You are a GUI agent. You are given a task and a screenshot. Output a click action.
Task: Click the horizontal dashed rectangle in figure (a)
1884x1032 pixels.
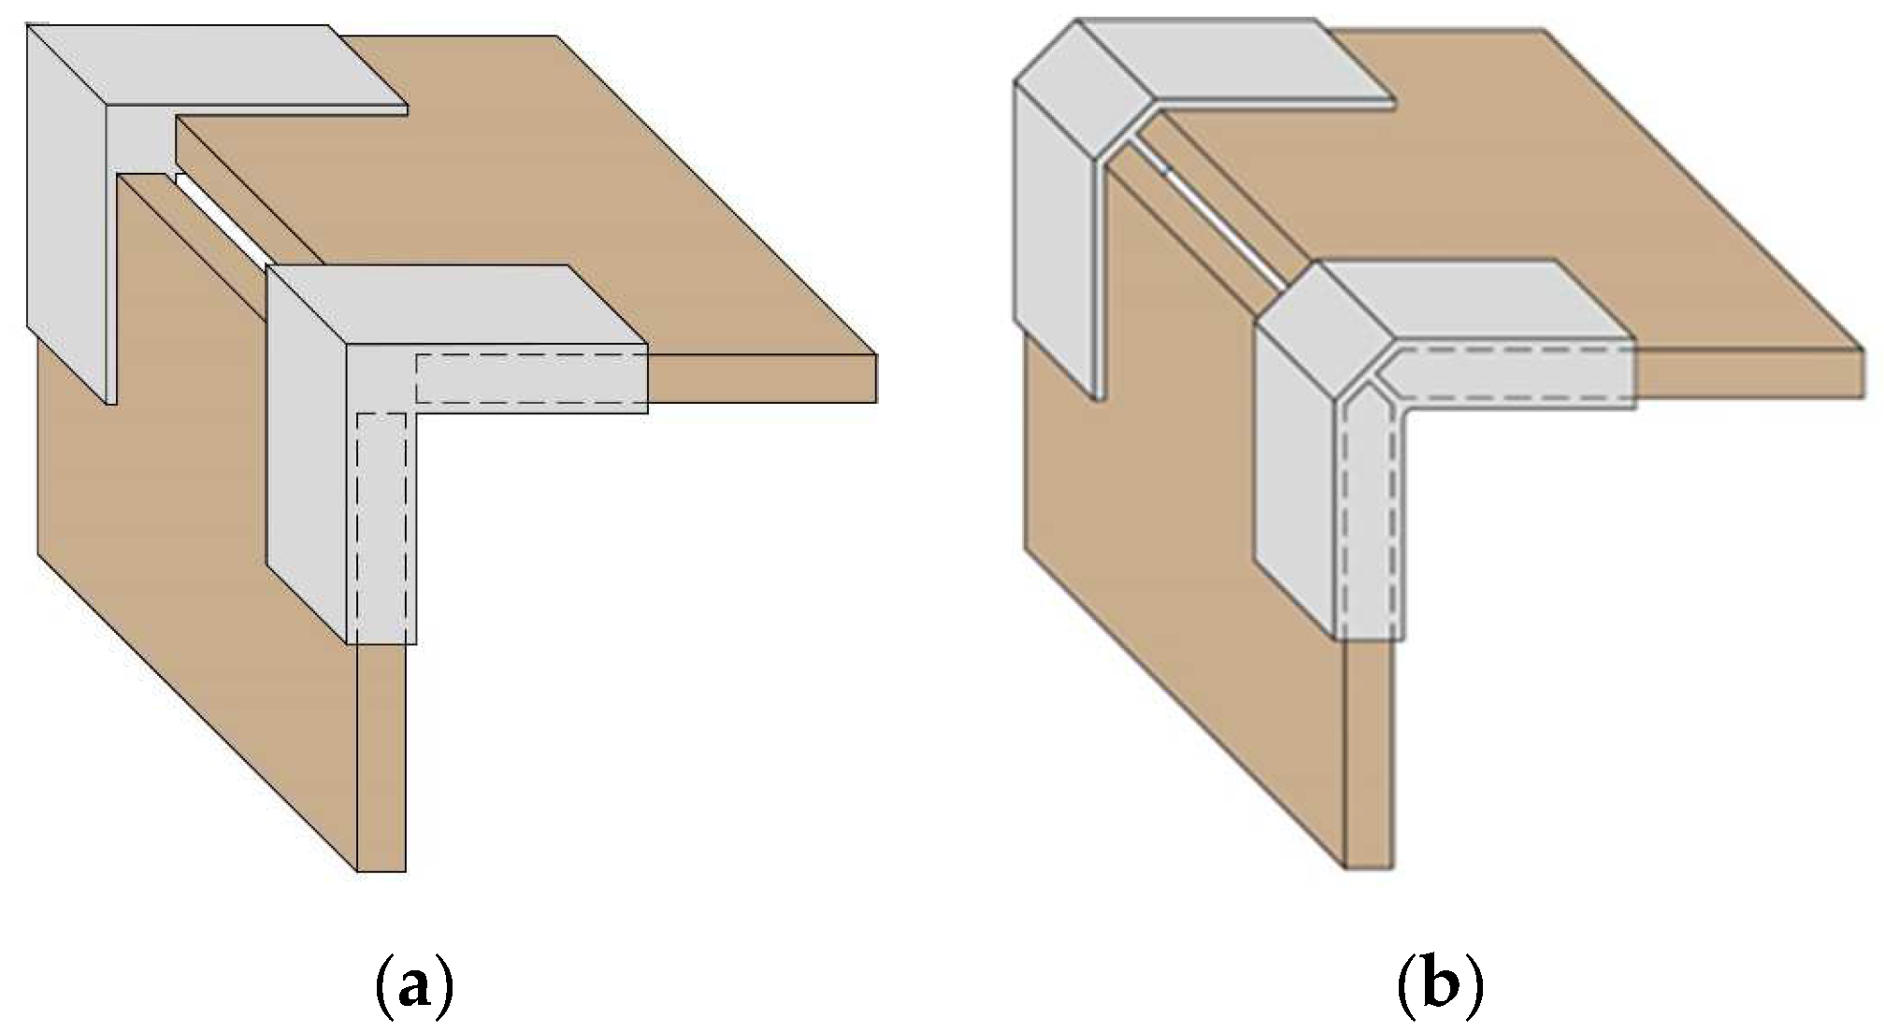(531, 379)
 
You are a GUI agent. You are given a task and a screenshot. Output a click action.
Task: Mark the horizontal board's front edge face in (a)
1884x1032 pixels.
(762, 379)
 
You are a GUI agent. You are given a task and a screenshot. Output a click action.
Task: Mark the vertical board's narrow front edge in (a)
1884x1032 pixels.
(381, 757)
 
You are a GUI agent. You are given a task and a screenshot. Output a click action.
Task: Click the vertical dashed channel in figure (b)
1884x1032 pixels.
(1370, 523)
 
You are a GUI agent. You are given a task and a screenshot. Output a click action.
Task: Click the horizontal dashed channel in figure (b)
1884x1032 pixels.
(1505, 374)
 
